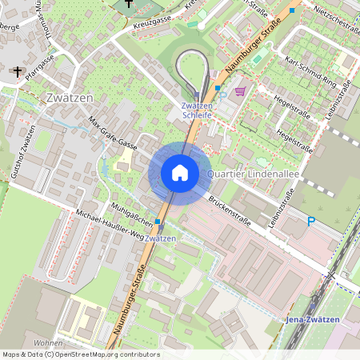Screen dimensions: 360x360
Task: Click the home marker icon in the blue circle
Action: point(180,173)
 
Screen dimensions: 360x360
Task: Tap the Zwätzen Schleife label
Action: point(197,110)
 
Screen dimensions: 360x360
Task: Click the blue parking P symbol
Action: point(311,221)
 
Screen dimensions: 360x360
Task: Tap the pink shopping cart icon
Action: point(239,92)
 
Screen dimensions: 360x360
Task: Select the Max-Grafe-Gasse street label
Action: point(113,134)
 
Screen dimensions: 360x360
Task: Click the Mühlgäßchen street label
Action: point(130,213)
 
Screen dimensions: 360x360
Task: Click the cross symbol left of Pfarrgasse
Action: point(17,72)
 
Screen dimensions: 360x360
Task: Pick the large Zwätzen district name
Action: point(69,98)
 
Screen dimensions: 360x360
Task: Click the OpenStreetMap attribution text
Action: point(80,354)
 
